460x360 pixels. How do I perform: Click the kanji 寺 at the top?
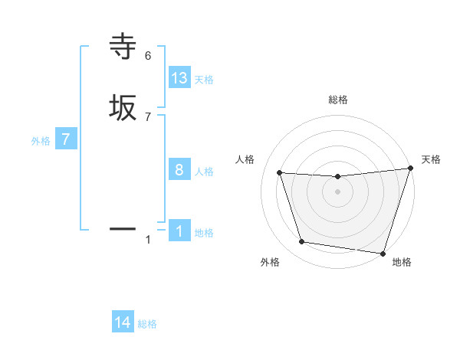123,47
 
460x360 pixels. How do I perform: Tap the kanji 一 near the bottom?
123,228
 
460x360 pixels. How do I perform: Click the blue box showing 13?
179,78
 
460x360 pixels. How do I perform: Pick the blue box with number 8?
179,170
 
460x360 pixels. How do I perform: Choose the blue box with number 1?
179,231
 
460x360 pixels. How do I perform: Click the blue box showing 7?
66,140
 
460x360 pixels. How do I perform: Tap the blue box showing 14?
123,323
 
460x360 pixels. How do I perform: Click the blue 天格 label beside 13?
204,80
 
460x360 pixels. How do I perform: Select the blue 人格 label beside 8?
204,172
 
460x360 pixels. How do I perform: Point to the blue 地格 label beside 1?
204,233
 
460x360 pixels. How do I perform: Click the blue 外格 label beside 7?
41,141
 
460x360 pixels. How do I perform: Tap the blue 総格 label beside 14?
147,324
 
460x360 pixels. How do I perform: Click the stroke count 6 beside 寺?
148,55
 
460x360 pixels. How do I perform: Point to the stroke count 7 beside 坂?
148,116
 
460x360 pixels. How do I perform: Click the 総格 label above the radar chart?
338,100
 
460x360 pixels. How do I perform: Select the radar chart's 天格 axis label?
431,159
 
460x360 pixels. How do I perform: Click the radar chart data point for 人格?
280,173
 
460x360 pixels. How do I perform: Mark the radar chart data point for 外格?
302,242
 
